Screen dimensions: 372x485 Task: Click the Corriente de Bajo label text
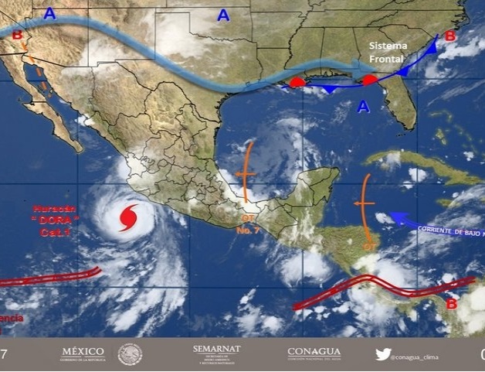click(x=448, y=230)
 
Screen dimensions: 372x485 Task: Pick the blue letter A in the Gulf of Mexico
click(x=363, y=107)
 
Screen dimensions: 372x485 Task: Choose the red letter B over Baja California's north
click(x=17, y=35)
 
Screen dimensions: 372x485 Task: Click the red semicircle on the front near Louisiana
click(x=297, y=82)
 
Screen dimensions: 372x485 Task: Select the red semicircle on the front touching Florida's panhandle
click(x=370, y=79)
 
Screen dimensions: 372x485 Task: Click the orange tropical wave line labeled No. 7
click(x=246, y=174)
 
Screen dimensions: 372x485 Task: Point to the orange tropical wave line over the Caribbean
click(x=365, y=205)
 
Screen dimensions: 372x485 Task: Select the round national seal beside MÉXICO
click(x=131, y=355)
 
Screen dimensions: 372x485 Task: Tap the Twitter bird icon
click(x=383, y=354)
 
